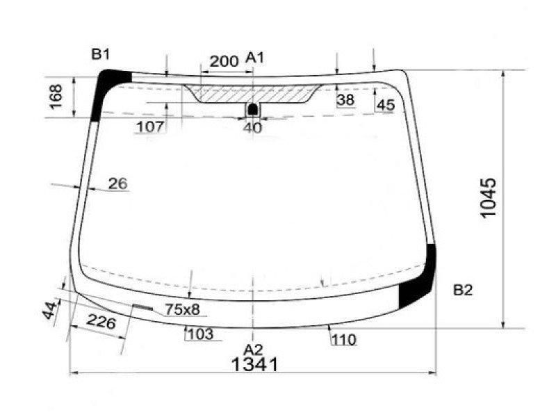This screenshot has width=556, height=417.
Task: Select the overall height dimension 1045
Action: [488, 199]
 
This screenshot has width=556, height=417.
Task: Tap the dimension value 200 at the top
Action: [224, 61]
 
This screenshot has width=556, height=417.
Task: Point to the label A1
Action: [255, 58]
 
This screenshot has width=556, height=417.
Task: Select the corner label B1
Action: [101, 54]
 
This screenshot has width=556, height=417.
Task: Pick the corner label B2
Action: [463, 290]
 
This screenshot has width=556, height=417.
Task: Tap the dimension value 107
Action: [150, 126]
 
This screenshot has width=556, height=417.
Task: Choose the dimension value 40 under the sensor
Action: [253, 127]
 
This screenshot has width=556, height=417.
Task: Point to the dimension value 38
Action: [345, 100]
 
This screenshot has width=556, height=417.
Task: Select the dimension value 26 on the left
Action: [118, 184]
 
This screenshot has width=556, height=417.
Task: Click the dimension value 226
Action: [101, 322]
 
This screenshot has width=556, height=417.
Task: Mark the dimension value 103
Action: [200, 334]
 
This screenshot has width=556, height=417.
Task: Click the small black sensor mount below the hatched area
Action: [253, 109]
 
